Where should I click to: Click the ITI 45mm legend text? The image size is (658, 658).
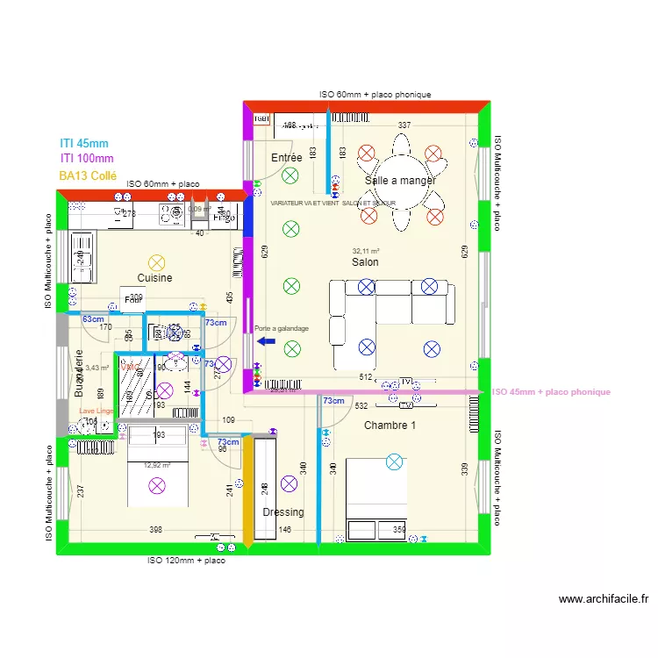click(x=84, y=142)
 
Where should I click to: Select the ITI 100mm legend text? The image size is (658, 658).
click(x=87, y=158)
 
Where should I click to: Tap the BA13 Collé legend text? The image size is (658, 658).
click(x=88, y=175)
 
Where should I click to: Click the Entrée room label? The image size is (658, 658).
click(x=286, y=158)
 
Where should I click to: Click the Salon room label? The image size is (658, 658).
click(x=365, y=262)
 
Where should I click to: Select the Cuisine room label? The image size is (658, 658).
click(x=154, y=278)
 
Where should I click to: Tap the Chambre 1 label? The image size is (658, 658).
click(x=390, y=426)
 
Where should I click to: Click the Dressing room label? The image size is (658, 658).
click(x=283, y=512)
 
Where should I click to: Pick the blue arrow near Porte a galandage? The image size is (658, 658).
click(x=266, y=341)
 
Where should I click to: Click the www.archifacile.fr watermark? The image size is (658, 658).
click(x=604, y=600)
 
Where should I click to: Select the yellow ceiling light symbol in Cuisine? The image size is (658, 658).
click(x=156, y=261)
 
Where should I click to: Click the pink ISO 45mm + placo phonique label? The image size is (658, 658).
click(x=551, y=392)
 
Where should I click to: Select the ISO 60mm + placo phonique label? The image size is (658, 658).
click(x=375, y=95)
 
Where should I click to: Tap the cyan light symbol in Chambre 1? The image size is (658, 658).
click(x=394, y=461)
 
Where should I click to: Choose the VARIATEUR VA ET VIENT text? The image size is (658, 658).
click(x=333, y=203)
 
